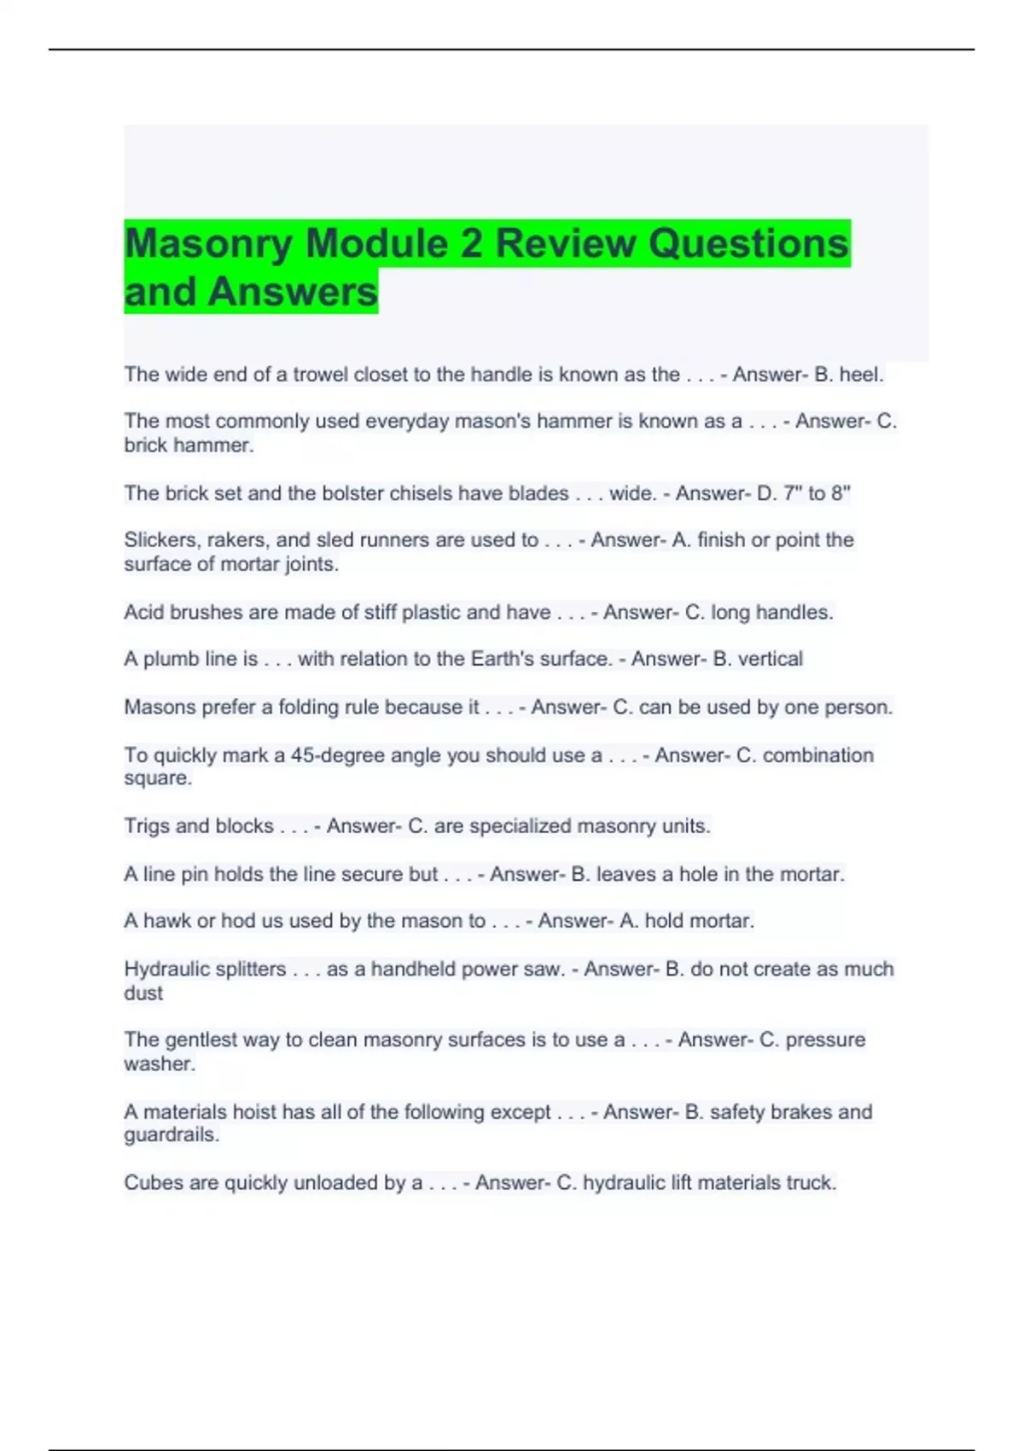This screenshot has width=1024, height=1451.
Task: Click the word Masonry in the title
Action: (208, 244)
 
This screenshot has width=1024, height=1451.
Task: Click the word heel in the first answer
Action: (860, 375)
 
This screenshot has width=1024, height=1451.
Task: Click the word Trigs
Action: (146, 826)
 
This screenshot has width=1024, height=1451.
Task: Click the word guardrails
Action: (172, 1135)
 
